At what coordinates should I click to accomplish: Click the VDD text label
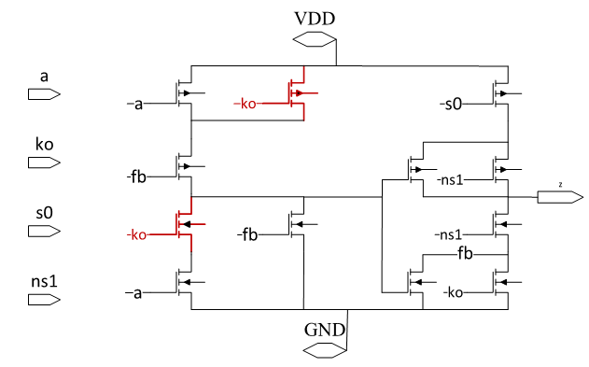(x=314, y=17)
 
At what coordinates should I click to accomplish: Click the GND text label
(x=325, y=330)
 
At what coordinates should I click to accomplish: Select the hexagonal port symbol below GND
(x=325, y=351)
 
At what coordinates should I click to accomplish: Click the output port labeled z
(x=559, y=197)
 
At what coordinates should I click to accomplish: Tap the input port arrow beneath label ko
(x=44, y=162)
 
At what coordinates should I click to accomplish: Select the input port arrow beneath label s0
(x=44, y=231)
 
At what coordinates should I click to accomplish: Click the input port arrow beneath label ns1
(x=44, y=300)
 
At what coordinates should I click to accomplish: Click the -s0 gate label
(x=449, y=104)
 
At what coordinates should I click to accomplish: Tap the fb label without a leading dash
(x=466, y=253)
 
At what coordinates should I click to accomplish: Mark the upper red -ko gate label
(x=245, y=104)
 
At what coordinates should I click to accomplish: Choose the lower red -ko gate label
(x=136, y=234)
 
